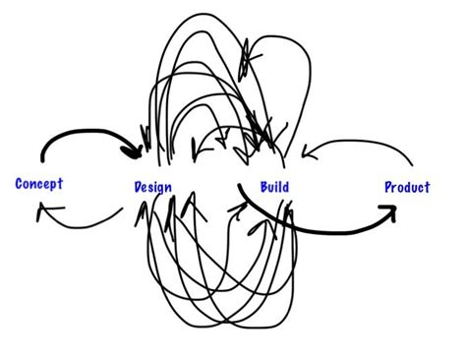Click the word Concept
pos(39,184)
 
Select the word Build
pos(274,187)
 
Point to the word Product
pos(407,187)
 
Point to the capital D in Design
pos(137,187)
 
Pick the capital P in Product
pos(388,187)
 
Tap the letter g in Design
pos(162,189)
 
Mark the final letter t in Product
pos(427,187)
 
